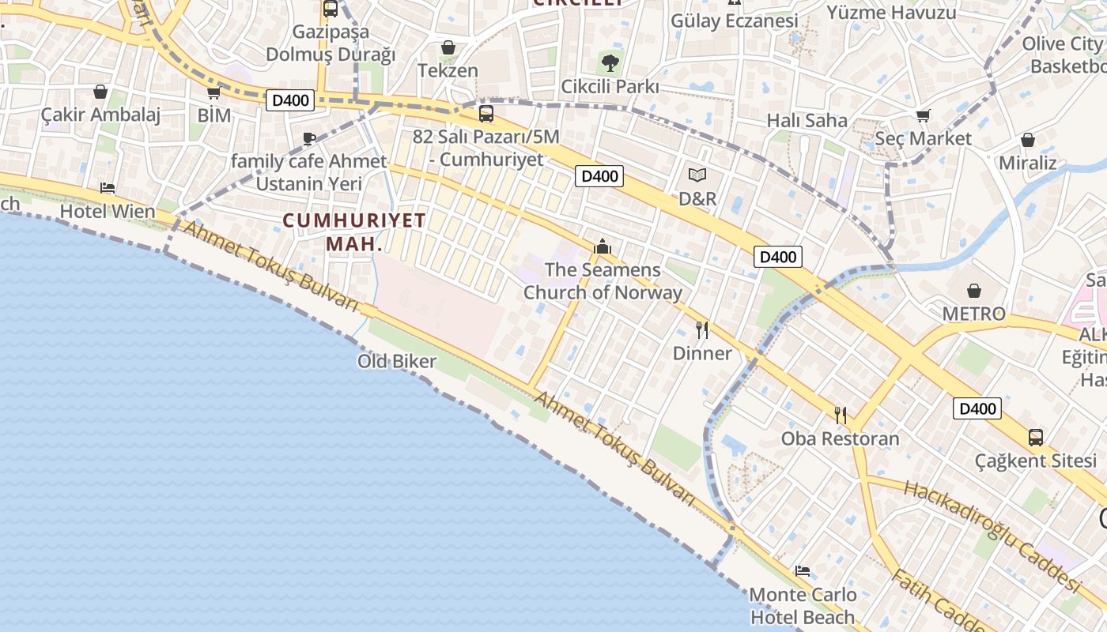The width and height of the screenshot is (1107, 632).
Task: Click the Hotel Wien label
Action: coord(108,211)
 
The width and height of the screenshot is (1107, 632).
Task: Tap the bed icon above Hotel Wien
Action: coord(108,188)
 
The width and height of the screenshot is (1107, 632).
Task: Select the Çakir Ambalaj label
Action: coord(100,115)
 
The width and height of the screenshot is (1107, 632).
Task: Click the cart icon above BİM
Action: coord(213,92)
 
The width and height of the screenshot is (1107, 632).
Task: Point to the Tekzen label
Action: coord(448,70)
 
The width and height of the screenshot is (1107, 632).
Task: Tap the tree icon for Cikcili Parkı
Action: coord(610,63)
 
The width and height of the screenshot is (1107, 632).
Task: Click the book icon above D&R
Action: coord(697,175)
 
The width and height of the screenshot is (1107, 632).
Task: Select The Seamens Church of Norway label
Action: coord(603,281)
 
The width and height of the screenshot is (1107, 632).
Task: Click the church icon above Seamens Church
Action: coord(603,246)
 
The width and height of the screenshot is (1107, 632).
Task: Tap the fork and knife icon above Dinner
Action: coord(702,329)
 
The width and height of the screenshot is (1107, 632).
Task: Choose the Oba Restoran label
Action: coord(841,438)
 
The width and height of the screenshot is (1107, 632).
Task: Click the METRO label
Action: coord(973,314)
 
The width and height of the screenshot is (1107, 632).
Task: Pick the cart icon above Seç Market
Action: coord(923,116)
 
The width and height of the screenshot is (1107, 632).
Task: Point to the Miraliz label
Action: coord(1028,163)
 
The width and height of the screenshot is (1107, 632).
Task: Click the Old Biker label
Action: coord(397,362)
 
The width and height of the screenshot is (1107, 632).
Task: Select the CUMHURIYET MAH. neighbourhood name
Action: coord(354,231)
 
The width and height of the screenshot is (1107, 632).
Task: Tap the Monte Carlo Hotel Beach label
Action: coord(803,605)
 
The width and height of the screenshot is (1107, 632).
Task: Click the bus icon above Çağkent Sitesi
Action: coord(1035,437)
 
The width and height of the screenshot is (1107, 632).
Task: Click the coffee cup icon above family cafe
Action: coord(309,139)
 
